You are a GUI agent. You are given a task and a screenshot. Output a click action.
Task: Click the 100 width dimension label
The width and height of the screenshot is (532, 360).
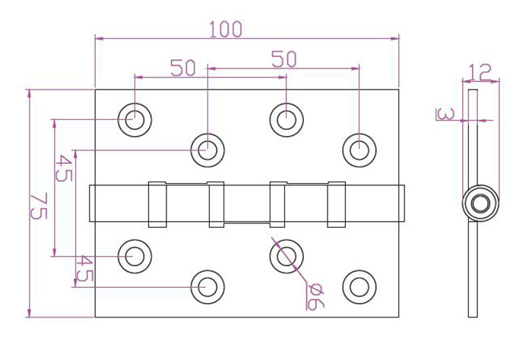click(226, 29)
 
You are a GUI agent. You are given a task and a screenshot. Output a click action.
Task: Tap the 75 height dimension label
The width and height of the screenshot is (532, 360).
click(38, 206)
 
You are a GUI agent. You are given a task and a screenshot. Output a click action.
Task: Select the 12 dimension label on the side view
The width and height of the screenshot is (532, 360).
click(480, 72)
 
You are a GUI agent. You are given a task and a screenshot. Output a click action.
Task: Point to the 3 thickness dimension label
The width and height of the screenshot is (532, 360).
click(445, 114)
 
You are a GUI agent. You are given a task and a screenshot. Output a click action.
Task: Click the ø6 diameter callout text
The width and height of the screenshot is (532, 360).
click(315, 296)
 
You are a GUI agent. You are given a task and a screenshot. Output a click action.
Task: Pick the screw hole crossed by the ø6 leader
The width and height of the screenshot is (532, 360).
click(287, 256)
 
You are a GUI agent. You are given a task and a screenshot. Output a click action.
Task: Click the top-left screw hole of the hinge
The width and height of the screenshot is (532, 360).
click(135, 120)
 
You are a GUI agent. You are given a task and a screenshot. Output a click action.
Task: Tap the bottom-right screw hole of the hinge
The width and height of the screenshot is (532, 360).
click(359, 287)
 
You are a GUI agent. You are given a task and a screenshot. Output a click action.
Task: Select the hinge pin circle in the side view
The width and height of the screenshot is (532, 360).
click(480, 203)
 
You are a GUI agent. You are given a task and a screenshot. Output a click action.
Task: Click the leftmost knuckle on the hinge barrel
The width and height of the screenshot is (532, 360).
click(157, 204)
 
